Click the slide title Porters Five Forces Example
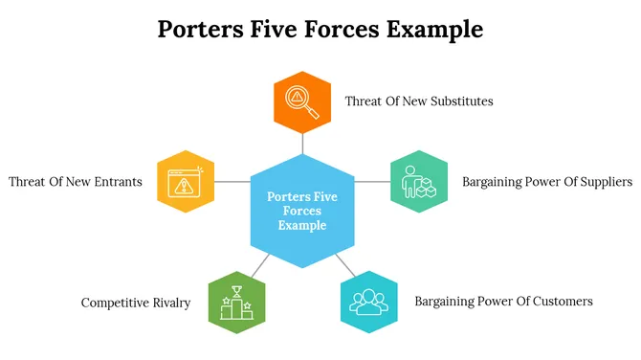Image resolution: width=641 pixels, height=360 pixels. point(320,30)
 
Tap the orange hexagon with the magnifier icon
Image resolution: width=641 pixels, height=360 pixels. point(302,101)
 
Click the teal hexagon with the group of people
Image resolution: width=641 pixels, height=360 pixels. point(368,302)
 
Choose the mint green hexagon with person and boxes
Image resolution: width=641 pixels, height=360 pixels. point(419,181)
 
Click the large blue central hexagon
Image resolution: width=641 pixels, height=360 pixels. point(302,211)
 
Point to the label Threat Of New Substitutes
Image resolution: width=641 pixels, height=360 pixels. point(419,101)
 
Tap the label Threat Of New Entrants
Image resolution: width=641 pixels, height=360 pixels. point(76,181)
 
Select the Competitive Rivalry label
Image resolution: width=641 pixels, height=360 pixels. point(135,303)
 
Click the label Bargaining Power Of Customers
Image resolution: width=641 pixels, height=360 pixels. point(503,301)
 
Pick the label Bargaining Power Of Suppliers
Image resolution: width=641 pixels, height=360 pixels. point(547,181)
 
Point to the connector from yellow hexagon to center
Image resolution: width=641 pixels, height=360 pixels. point(232,181)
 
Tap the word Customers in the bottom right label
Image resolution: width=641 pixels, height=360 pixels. point(560,301)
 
